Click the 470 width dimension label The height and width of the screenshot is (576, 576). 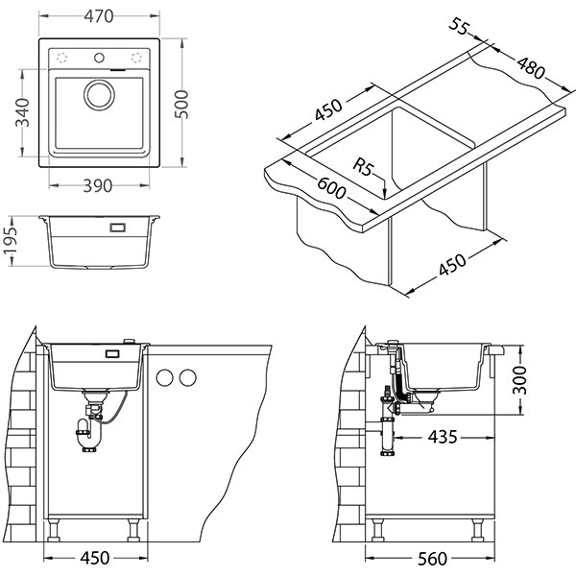94,14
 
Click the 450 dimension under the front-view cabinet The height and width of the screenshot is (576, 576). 93,558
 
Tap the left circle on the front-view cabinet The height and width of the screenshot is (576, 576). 164,374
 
